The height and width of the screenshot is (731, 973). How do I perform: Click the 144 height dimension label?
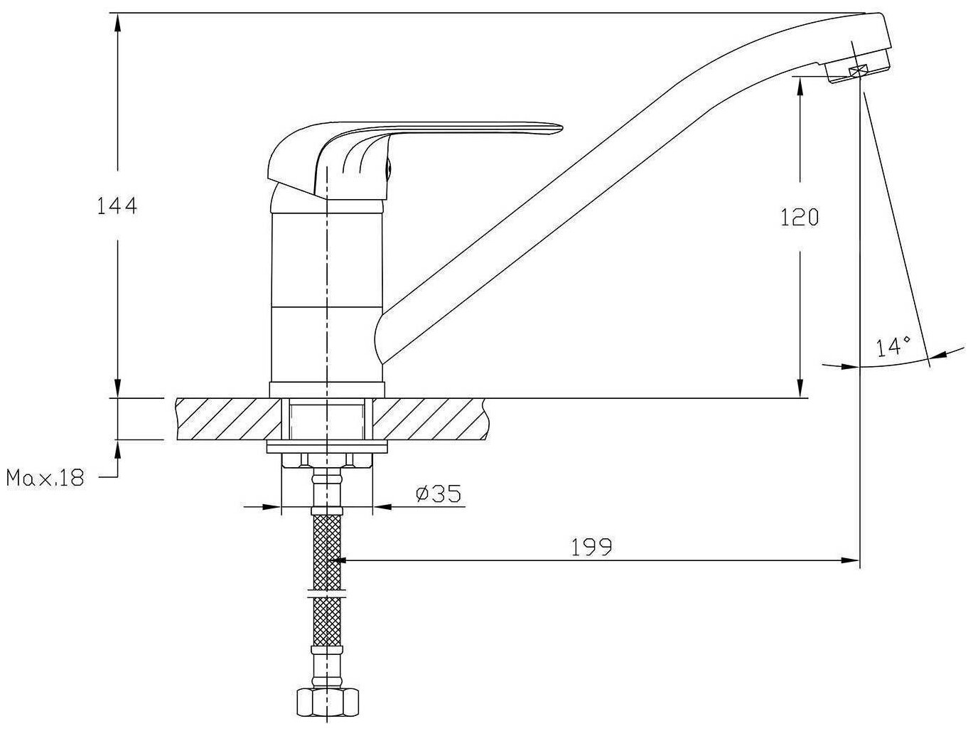tap(117, 206)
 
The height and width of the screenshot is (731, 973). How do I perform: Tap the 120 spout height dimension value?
tap(800, 217)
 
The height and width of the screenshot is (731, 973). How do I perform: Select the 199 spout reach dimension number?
tap(591, 547)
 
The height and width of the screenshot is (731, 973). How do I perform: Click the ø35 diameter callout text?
tap(439, 493)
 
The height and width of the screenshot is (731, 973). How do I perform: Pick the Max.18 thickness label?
tap(45, 478)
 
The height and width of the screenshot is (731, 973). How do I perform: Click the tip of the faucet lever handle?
tap(561, 128)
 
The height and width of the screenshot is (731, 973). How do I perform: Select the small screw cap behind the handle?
tap(388, 169)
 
